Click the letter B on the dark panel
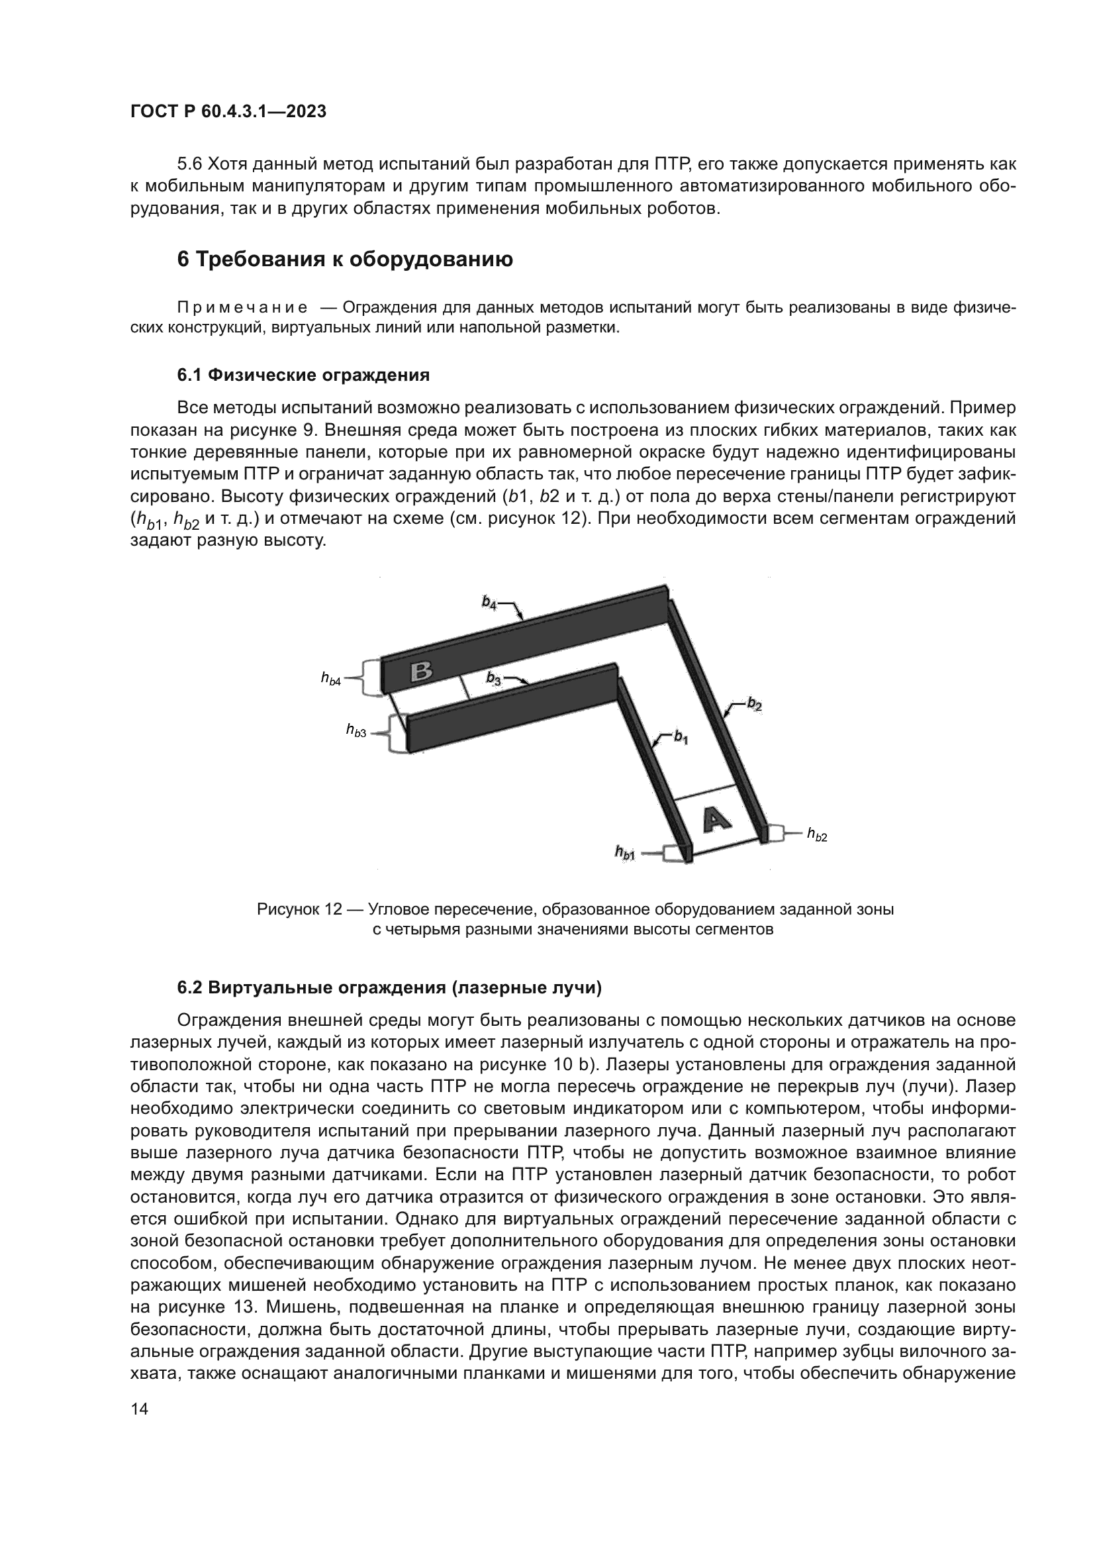tap(422, 672)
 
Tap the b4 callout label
tap(489, 603)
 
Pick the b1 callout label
tap(681, 737)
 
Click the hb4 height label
tap(331, 679)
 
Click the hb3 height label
tap(356, 730)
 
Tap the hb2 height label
tap(817, 835)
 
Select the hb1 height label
tap(625, 854)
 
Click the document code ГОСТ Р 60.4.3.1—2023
tap(228, 111)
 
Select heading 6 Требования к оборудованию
tap(344, 259)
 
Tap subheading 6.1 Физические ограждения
tap(303, 375)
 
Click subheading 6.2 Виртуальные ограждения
tap(389, 987)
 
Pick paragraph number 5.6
tap(189, 164)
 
